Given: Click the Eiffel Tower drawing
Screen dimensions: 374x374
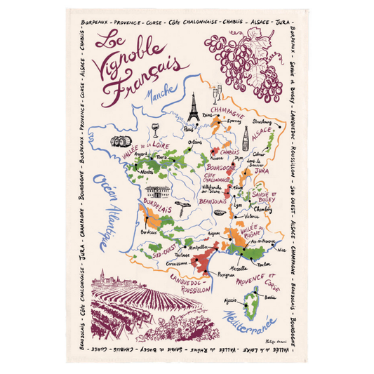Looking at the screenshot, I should (x=192, y=109).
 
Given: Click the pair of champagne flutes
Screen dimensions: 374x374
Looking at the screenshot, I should (x=217, y=93).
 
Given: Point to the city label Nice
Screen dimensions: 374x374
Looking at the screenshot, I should (x=281, y=249).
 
